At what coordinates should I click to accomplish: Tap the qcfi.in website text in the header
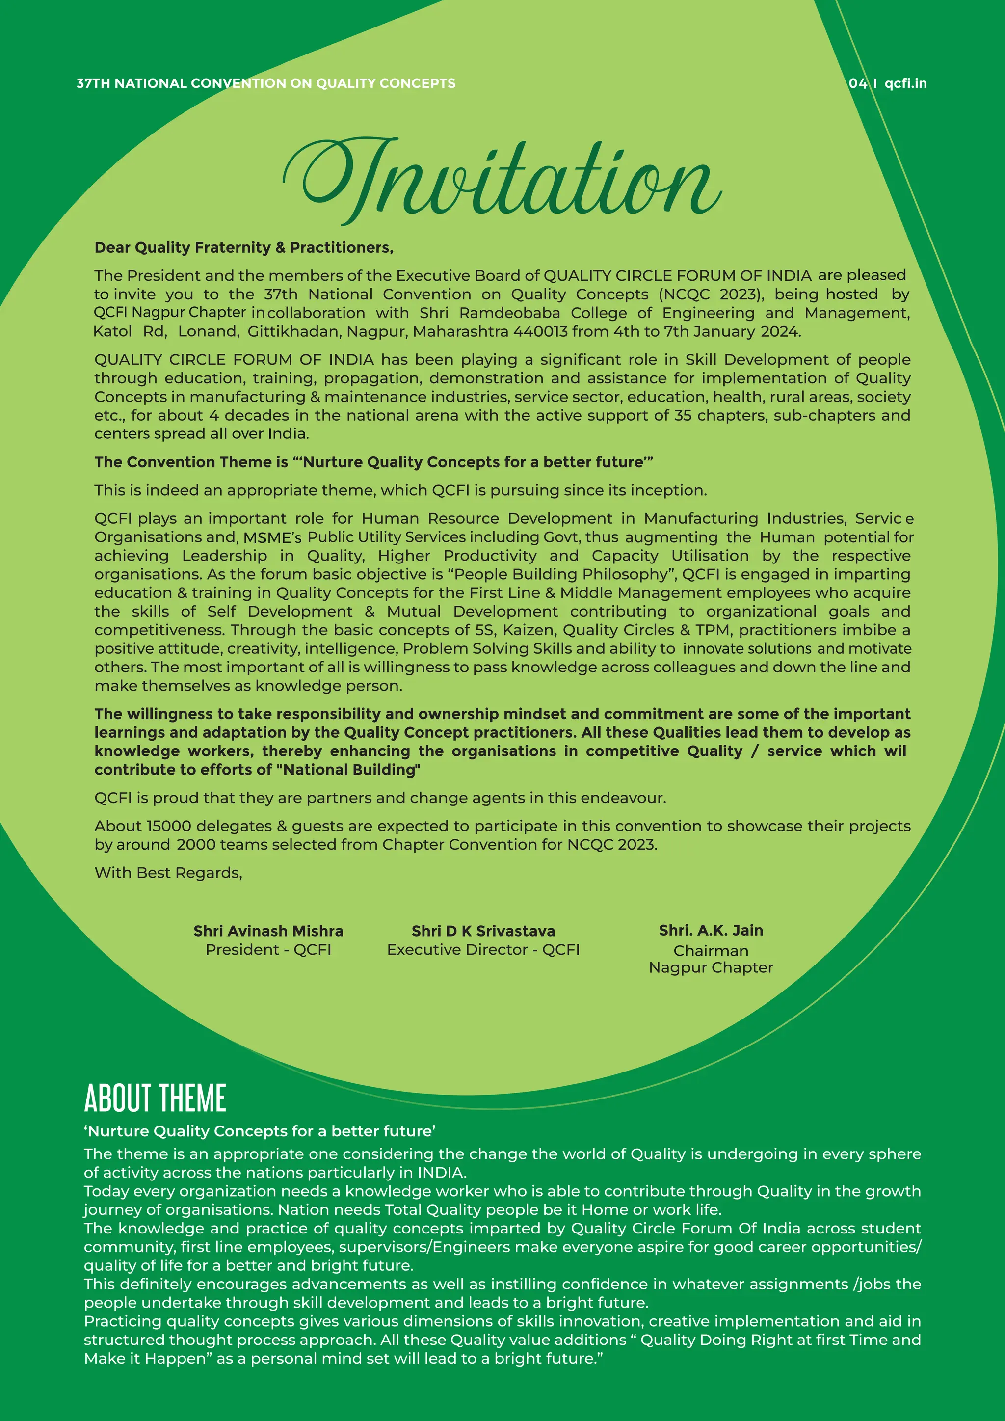(905, 83)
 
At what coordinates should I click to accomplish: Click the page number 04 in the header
(858, 83)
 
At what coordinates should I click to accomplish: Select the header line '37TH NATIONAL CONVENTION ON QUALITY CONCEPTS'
(266, 83)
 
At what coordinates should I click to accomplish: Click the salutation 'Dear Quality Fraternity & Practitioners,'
(244, 247)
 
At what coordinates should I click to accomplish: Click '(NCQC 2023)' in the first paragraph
(711, 294)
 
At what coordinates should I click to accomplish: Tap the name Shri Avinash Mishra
(268, 931)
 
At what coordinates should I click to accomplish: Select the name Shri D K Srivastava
(483, 931)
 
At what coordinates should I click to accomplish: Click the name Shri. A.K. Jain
(711, 930)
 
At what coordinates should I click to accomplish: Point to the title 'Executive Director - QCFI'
(483, 949)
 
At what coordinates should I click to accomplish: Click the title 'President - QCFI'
(268, 949)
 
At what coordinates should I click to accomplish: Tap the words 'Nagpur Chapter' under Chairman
(711, 967)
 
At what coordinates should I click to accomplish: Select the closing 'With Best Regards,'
(168, 873)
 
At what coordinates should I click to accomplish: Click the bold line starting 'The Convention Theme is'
(374, 462)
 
